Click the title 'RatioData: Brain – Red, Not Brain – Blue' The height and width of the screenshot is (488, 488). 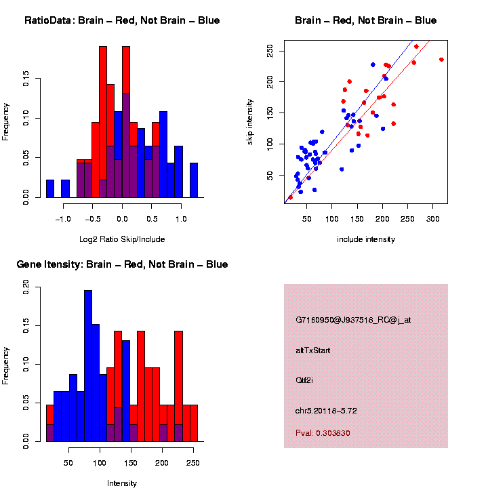click(x=122, y=20)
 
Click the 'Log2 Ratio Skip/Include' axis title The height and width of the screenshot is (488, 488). click(x=122, y=239)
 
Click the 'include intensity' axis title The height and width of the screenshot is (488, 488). click(x=365, y=239)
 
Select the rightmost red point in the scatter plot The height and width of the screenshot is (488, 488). click(x=441, y=60)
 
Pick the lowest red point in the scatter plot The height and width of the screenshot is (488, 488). click(x=291, y=197)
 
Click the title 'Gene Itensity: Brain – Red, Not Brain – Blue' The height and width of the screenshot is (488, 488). click(x=122, y=264)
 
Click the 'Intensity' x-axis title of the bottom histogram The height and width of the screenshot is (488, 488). click(x=122, y=483)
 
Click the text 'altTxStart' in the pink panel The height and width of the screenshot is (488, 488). click(x=313, y=350)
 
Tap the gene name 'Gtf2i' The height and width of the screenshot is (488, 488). click(x=304, y=380)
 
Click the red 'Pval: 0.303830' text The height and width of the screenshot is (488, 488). click(x=323, y=432)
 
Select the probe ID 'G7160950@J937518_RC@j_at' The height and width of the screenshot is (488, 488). click(x=353, y=320)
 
